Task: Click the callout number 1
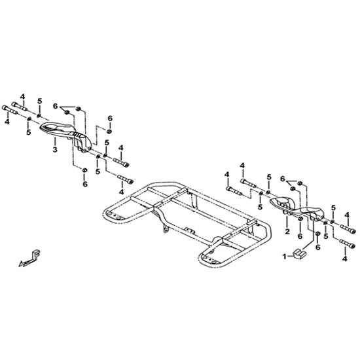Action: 285,257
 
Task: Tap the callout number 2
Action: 287,232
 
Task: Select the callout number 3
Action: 54,149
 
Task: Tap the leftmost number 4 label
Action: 7,122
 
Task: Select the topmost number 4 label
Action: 22,97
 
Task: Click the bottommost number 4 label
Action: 344,259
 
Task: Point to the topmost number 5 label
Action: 40,101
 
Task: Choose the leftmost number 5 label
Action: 28,132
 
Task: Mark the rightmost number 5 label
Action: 333,207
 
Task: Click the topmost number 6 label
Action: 55,106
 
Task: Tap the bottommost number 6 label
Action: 317,247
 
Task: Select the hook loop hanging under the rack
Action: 166,229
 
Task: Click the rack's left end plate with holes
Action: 113,216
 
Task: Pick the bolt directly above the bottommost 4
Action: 348,244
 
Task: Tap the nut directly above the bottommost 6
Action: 317,234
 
